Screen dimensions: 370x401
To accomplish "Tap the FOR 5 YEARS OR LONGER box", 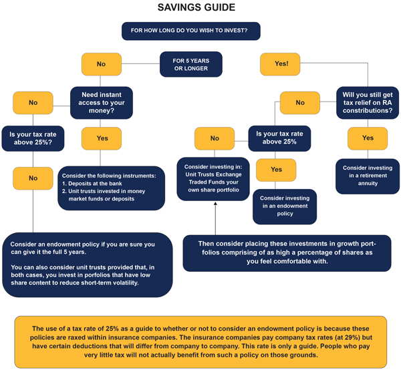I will coord(190,64).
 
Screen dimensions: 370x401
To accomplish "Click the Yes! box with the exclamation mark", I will coord(281,64).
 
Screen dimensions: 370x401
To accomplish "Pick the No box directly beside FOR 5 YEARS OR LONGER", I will coord(101,64).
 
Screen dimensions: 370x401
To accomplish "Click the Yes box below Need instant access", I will coord(102,138).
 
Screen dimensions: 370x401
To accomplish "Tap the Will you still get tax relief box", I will coord(368,102).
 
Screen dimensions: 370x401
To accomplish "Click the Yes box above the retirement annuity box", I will coord(368,138).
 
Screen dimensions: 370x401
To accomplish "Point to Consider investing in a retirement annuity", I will coord(368,171).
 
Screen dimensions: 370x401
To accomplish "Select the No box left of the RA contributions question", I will coord(300,103).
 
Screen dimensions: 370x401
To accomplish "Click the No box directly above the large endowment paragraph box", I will coord(33,179).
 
